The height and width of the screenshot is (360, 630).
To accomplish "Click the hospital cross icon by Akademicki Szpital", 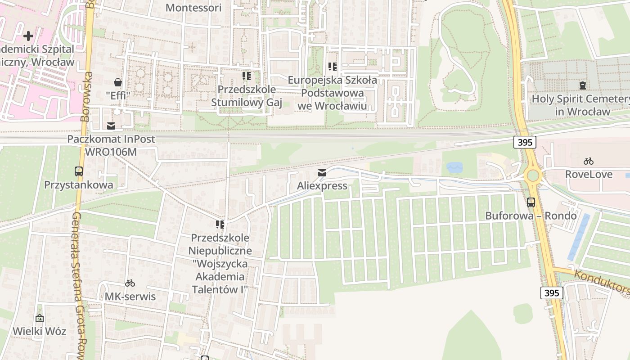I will (x=28, y=36).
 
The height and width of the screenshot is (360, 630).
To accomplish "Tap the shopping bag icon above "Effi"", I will (x=118, y=82).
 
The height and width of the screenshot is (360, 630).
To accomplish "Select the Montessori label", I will (x=193, y=8).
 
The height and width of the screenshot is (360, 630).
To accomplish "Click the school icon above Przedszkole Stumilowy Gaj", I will (x=246, y=76).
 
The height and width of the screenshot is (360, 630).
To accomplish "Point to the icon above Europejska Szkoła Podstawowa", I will (x=333, y=67).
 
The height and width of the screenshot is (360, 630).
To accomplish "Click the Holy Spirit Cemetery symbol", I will (x=583, y=85).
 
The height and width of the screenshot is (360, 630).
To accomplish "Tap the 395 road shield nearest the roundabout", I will (x=525, y=142).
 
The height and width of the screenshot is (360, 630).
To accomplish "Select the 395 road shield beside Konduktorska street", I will (x=551, y=293).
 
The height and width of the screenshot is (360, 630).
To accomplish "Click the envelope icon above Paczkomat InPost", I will (x=111, y=126).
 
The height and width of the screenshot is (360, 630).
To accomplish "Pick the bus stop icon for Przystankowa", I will (x=79, y=171).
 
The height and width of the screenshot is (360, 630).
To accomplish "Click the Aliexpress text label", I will (x=322, y=186).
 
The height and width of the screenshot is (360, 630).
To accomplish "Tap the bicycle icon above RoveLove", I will (x=589, y=161).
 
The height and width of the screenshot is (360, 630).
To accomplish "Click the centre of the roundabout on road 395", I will (x=534, y=175).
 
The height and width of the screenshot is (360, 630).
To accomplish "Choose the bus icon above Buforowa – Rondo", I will (x=531, y=202).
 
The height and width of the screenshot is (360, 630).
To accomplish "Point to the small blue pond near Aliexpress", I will (x=454, y=168).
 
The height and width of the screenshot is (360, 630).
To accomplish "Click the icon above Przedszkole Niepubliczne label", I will (x=220, y=224).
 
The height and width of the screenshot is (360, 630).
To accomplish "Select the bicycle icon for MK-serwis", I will (x=130, y=283).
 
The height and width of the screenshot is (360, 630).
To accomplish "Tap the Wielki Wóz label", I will (x=39, y=331).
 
